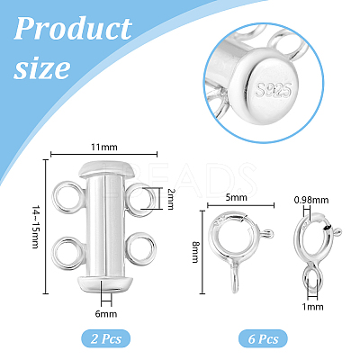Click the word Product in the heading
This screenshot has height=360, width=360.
73,29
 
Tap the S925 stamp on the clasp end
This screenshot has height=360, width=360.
274,89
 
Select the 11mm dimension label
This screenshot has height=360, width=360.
104,148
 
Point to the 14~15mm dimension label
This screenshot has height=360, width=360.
36,227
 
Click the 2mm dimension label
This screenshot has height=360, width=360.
170,199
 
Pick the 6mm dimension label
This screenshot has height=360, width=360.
106,314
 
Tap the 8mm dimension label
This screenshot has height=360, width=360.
195,252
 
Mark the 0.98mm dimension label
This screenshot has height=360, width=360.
311,200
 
